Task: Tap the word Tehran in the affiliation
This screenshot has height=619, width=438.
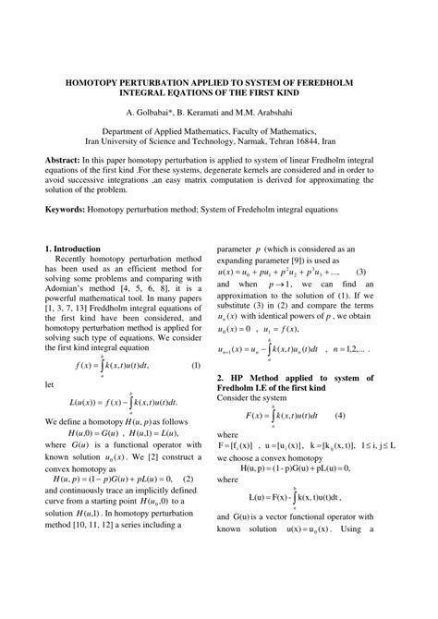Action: [x=280, y=143]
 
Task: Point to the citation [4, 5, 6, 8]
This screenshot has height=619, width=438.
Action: [x=144, y=289]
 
